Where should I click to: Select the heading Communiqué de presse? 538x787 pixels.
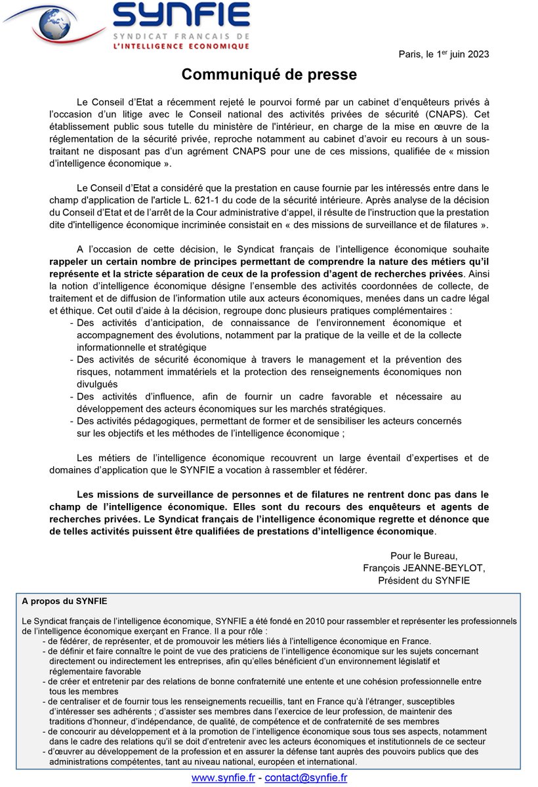269,75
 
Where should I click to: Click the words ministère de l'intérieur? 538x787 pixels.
244,127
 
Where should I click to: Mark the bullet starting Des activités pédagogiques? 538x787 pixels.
145,420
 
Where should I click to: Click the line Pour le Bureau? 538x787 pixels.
424,556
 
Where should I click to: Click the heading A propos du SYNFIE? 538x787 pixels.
64,600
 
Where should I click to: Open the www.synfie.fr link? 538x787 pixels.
223,778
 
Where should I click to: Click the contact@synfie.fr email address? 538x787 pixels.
305,778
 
